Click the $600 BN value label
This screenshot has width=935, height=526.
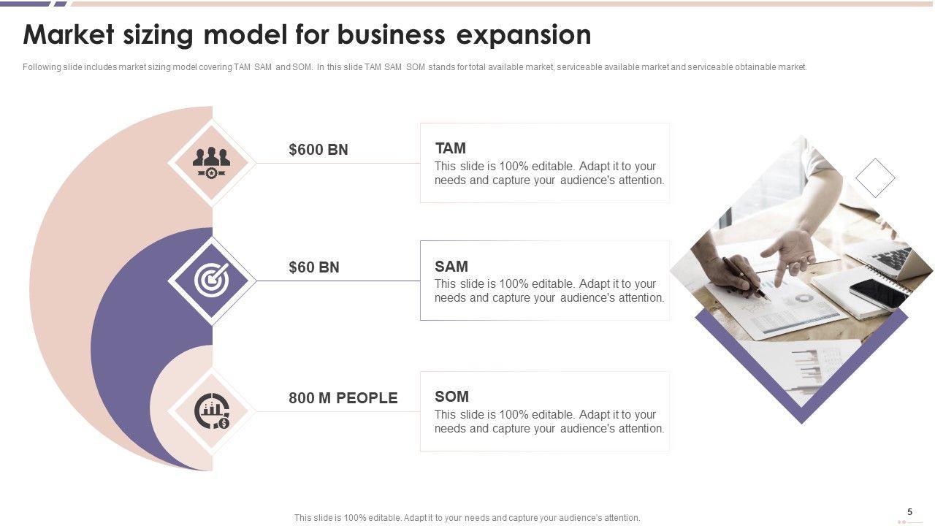pos(318,150)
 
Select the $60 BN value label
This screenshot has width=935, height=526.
pos(314,267)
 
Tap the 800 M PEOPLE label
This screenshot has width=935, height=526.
pos(343,398)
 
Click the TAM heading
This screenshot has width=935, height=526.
pos(450,148)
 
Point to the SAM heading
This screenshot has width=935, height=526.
pos(451,267)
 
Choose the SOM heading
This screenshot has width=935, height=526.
pos(451,397)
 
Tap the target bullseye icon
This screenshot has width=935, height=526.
pos(212,280)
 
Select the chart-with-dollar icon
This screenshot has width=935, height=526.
pos(212,411)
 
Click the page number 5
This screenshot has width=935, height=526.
pos(909,512)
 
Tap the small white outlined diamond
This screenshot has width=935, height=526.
pos(875,178)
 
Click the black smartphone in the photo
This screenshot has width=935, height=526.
pos(879,294)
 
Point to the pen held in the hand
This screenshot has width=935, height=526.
pos(747,280)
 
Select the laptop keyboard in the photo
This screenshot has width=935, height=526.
pos(891,258)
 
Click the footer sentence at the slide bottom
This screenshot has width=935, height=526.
pos(467,518)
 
